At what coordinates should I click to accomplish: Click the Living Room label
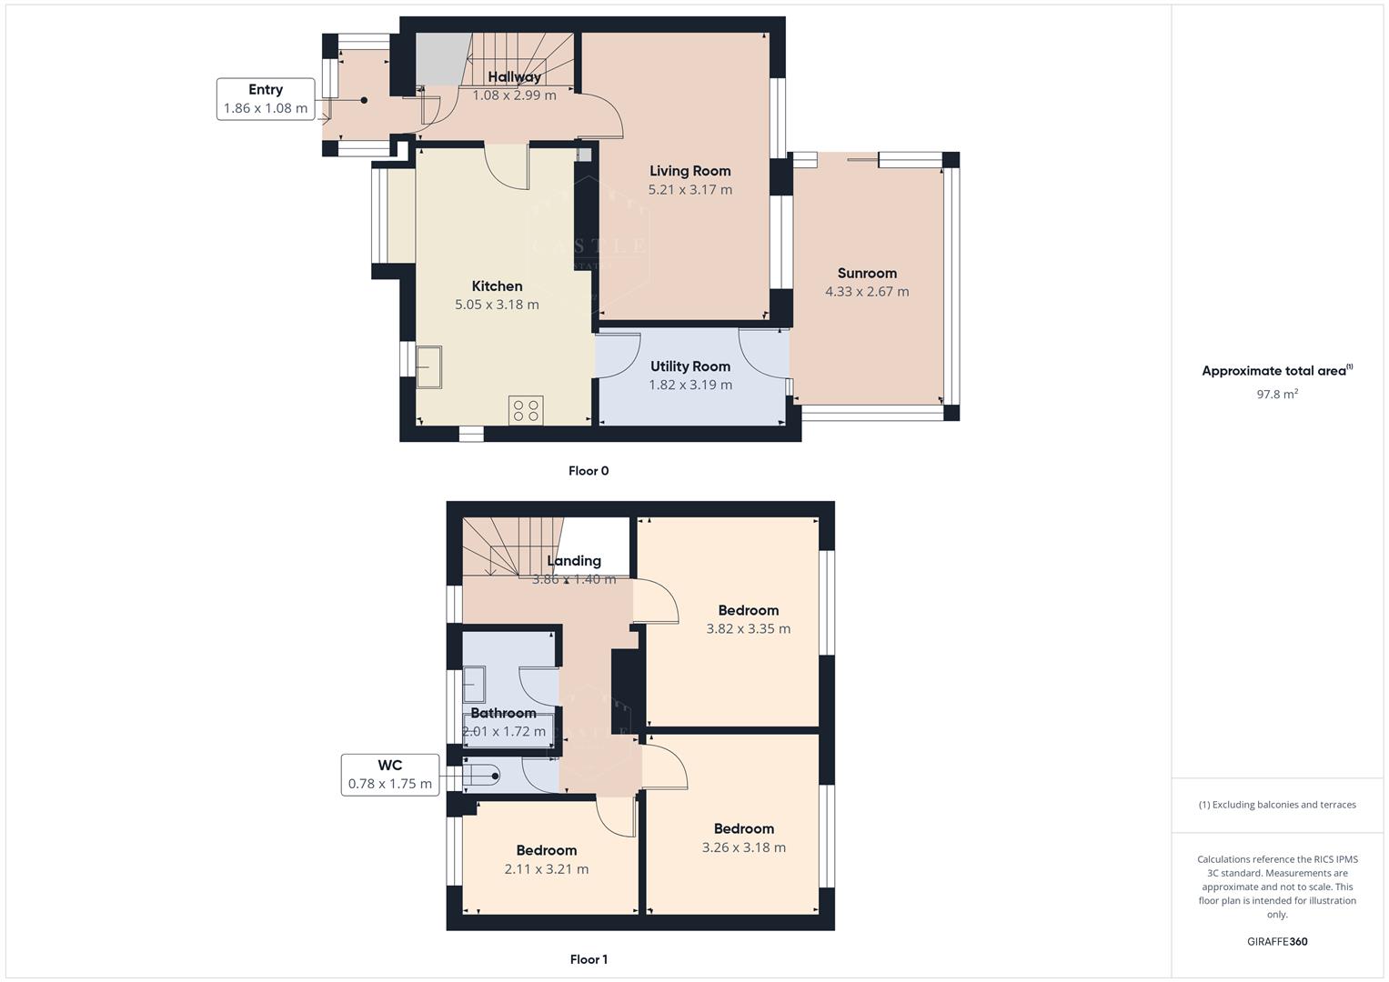coord(689,171)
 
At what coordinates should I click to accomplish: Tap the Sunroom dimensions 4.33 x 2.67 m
coord(866,292)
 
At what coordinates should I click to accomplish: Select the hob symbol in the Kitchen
coord(526,410)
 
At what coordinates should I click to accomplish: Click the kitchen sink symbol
coord(428,366)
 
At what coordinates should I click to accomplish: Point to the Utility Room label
coord(689,366)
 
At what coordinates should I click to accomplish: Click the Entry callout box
coord(266,99)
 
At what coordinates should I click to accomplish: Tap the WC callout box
coord(389,775)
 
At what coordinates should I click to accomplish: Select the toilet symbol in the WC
coord(481,776)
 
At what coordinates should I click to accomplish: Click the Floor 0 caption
coord(588,471)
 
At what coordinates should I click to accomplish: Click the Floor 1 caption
coord(588,959)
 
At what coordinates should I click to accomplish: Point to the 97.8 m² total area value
coord(1276,394)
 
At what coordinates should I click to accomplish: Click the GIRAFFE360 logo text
coord(1276,941)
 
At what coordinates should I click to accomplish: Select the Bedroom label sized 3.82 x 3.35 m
coord(748,610)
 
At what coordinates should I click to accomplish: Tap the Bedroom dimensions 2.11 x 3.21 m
coord(546,869)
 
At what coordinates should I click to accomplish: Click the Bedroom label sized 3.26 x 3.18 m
coord(743,828)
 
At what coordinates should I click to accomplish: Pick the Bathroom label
coord(503,713)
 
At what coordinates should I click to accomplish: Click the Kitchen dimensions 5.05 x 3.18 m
coord(497,305)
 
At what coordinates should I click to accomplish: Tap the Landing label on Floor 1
coord(573,561)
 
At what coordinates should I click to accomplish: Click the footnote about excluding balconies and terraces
coord(1276,805)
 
